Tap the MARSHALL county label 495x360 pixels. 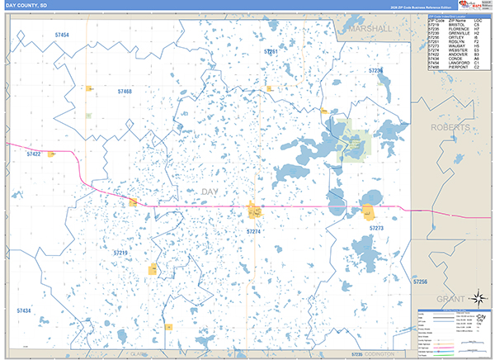[x=370, y=28]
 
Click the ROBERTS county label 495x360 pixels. [x=450, y=128]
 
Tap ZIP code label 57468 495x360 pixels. [x=125, y=91]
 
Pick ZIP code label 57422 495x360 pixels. [x=34, y=154]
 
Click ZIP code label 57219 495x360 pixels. [x=120, y=253]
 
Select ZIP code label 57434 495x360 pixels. [x=23, y=310]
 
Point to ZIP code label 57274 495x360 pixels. [x=254, y=232]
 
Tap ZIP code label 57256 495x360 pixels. [x=419, y=282]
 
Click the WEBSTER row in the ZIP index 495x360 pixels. [x=454, y=50]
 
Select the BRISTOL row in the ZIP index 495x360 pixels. [x=454, y=25]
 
